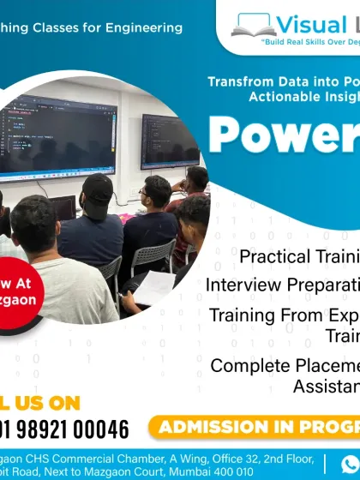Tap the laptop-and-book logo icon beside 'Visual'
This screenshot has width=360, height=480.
click(255, 23)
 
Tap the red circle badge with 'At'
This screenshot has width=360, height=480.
click(19, 289)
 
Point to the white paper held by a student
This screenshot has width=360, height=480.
click(154, 288)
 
